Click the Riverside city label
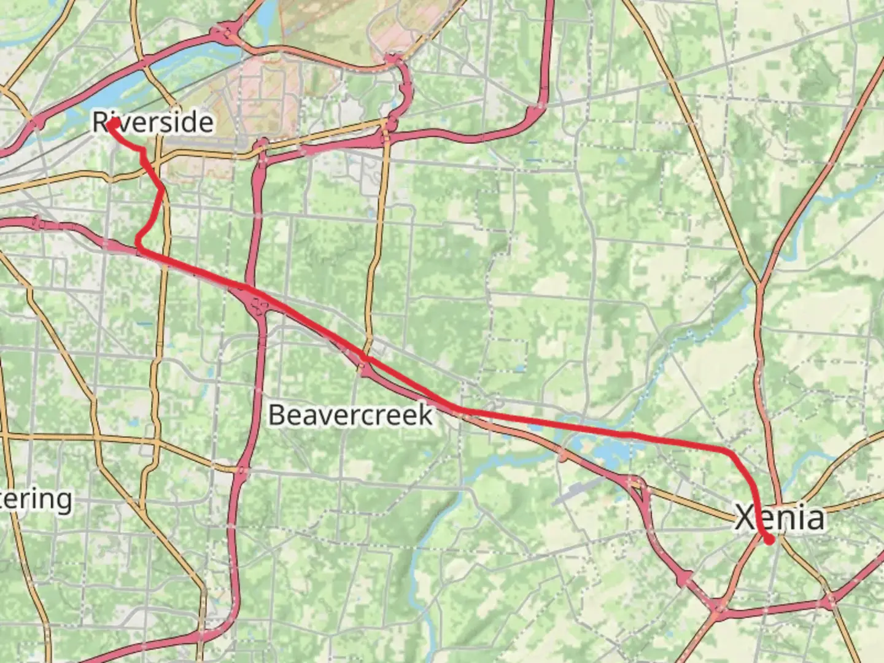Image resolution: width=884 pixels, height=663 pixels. pyautogui.click(x=153, y=122)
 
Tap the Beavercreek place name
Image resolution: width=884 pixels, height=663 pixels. pyautogui.click(x=351, y=416)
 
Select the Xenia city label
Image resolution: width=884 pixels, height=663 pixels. pyautogui.click(x=780, y=518)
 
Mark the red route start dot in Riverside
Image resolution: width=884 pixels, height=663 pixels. pyautogui.click(x=113, y=124)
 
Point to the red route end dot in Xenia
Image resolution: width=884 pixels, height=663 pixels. pyautogui.click(x=769, y=540)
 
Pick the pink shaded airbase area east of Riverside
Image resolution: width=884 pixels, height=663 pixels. pyautogui.click(x=270, y=92)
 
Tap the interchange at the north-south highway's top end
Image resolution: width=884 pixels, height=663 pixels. pyautogui.click(x=262, y=147)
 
